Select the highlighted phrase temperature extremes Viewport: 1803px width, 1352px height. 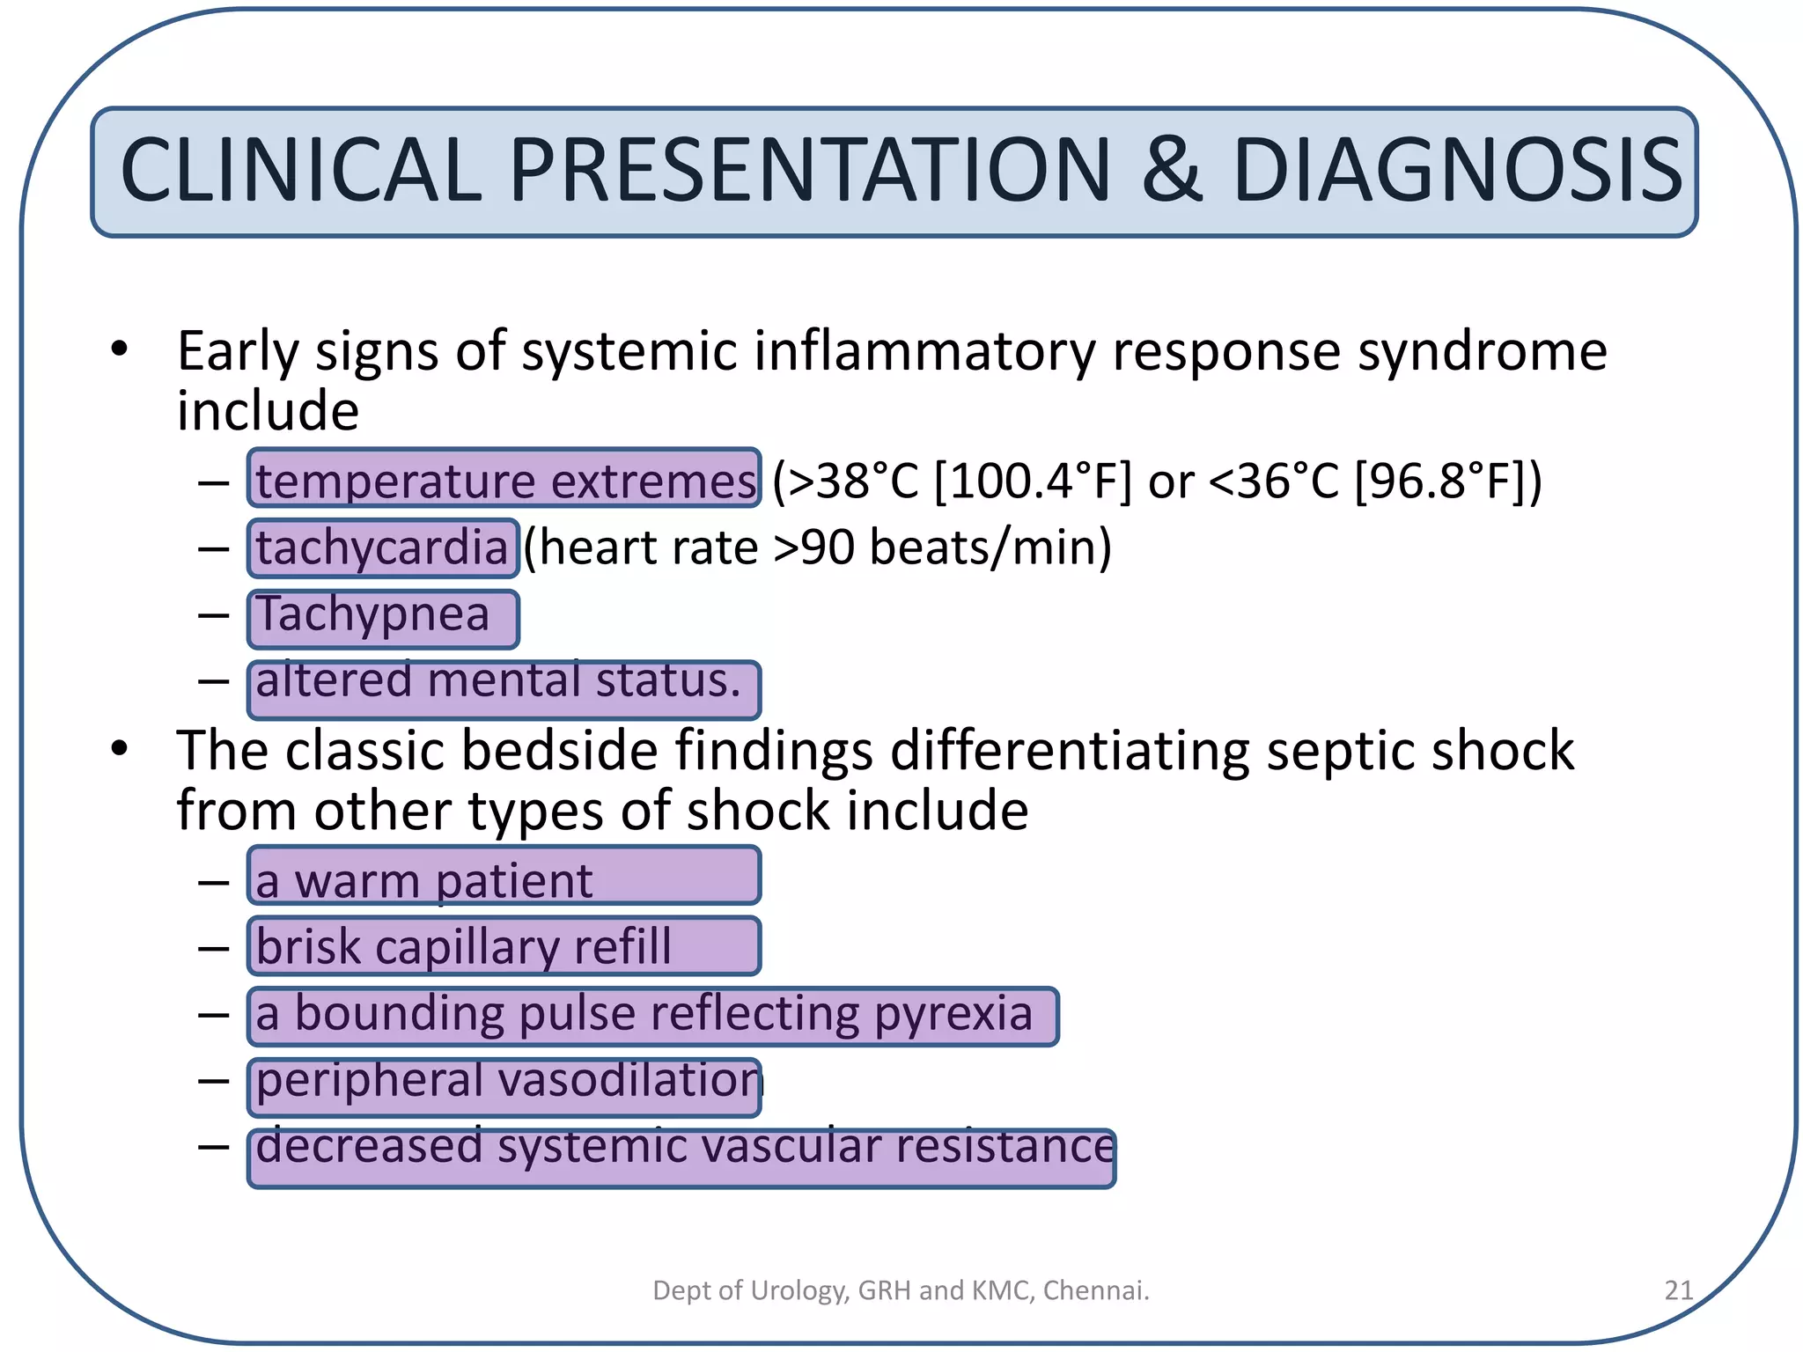[504, 480]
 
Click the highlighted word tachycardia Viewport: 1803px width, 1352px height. [382, 548]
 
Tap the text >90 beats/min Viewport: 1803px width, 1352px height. [940, 548]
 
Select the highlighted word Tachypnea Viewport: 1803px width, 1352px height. [373, 615]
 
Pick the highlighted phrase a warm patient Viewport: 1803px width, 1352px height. [424, 880]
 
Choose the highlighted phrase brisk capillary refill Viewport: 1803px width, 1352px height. [464, 947]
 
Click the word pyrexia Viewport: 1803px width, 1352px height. [953, 1014]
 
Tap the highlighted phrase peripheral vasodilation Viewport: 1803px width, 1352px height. [506, 1081]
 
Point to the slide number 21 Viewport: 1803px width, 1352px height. [1678, 1290]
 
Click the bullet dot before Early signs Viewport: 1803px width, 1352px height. [120, 349]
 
